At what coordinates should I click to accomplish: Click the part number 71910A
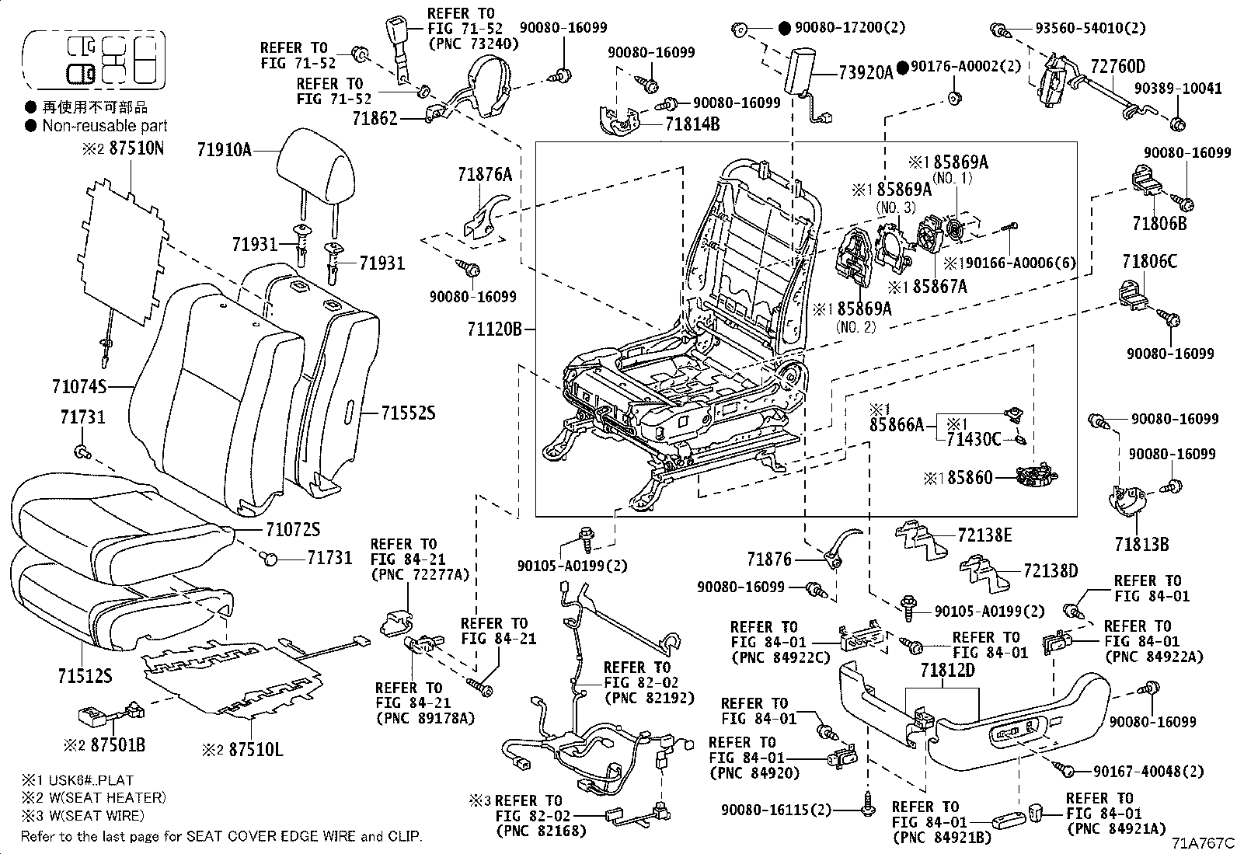coord(225,150)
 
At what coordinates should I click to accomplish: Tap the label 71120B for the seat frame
coord(494,329)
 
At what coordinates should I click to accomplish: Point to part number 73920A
coord(866,72)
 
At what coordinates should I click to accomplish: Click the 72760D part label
coord(1117,66)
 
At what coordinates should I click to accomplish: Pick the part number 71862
coord(375,118)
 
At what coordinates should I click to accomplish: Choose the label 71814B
coord(692,124)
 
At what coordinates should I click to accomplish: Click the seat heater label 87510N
coord(137,148)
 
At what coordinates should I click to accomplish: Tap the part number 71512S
coord(85,675)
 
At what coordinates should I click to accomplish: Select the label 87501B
coord(117,744)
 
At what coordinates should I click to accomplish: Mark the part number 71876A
coord(485,175)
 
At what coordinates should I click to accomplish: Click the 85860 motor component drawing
coord(1037,476)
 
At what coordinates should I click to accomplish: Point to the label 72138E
coord(984,535)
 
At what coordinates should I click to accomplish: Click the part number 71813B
coord(1141,545)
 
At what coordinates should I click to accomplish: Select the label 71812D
coord(948,670)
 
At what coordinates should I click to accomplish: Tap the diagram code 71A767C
coord(1204,843)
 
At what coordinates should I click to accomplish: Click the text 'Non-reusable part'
coord(104,126)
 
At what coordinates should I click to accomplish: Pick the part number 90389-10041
coord(1178,89)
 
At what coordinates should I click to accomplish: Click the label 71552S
coord(408,413)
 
